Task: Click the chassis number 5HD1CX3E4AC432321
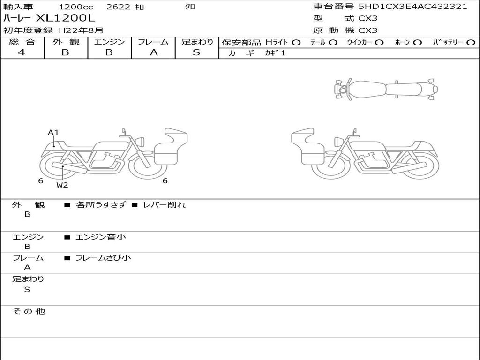point(413,7)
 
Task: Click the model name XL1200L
point(66,18)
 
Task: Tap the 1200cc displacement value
point(75,7)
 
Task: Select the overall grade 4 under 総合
point(22,52)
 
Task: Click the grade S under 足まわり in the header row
point(196,52)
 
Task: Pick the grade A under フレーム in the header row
point(154,52)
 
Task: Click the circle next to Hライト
point(296,43)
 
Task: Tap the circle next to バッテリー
point(471,43)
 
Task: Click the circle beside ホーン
point(417,43)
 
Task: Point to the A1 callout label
point(53,132)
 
